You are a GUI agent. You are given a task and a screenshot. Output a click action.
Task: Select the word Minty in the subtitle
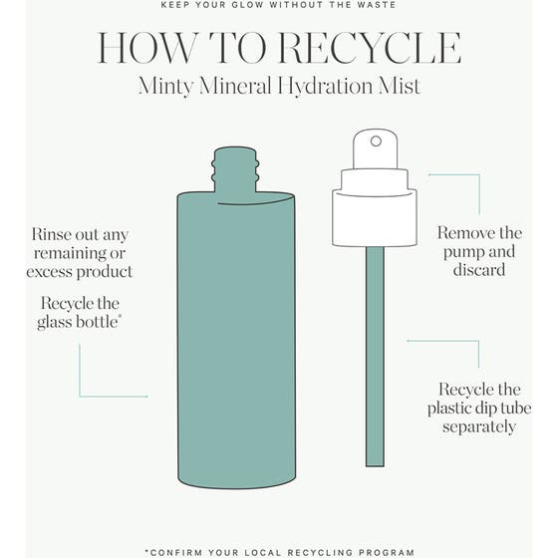click(168, 87)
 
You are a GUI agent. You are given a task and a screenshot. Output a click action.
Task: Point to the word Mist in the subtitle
click(398, 87)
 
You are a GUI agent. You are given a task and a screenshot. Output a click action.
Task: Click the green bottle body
click(235, 339)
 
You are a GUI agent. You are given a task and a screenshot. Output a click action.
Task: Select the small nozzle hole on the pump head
click(375, 141)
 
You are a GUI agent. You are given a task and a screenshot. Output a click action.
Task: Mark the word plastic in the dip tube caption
click(452, 408)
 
